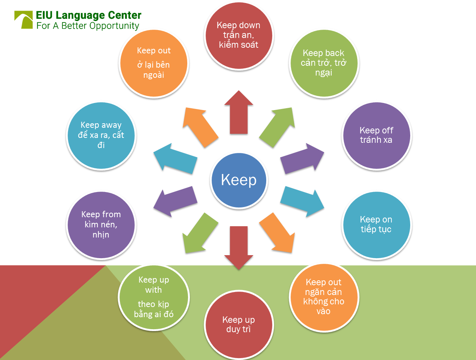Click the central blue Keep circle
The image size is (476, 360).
(239, 180)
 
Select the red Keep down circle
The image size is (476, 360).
(239, 36)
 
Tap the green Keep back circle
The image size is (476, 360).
(324, 63)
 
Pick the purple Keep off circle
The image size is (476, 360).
(376, 135)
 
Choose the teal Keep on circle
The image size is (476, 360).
(376, 225)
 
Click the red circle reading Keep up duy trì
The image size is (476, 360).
(239, 325)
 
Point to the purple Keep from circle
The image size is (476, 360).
(101, 225)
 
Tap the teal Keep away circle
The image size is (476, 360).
(101, 135)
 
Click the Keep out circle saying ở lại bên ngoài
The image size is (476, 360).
(154, 63)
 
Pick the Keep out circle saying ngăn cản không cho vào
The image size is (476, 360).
(324, 297)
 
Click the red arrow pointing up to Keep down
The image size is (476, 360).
(239, 113)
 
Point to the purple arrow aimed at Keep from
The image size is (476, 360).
(176, 201)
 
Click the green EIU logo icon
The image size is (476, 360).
(23, 20)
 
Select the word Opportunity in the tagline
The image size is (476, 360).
(114, 26)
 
